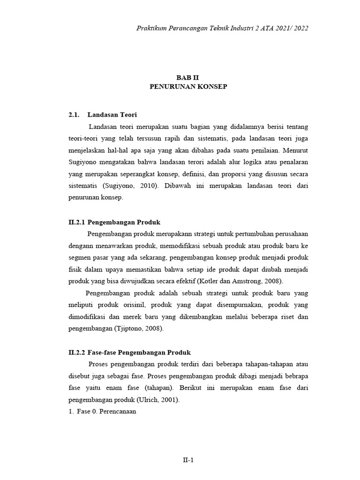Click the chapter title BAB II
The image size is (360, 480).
click(188, 78)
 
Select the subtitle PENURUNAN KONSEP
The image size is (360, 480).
click(188, 87)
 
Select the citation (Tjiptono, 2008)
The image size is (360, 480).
click(139, 329)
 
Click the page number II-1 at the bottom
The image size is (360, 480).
click(188, 460)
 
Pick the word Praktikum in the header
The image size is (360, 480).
click(152, 28)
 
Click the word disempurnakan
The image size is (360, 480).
click(222, 305)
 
